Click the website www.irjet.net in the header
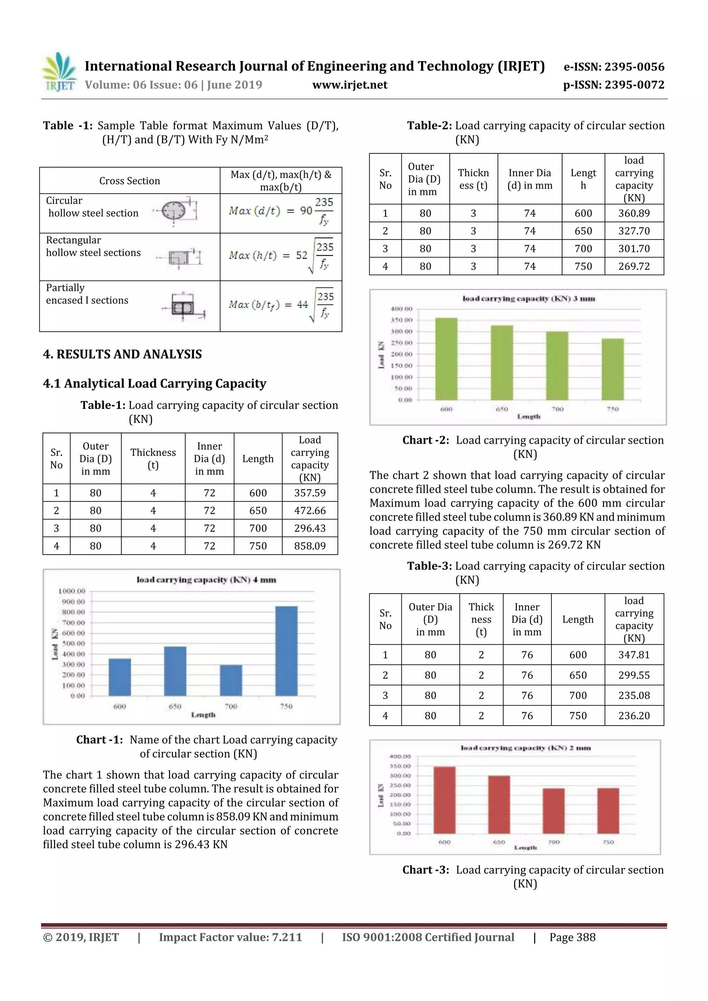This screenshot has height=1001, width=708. click(x=350, y=85)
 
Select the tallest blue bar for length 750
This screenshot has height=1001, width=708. click(x=286, y=651)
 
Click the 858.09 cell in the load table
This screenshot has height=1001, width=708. click(x=310, y=546)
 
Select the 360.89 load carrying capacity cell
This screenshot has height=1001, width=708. click(x=634, y=213)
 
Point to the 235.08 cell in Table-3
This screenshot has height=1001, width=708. click(x=634, y=696)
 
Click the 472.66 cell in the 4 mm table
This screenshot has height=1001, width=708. click(x=310, y=511)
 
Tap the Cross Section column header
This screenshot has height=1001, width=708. click(x=130, y=181)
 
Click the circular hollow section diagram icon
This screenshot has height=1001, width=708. click(x=175, y=211)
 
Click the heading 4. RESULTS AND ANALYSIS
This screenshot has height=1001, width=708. click(x=123, y=354)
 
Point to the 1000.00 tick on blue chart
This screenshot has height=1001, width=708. click(x=72, y=591)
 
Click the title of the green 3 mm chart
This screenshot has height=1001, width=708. click(x=529, y=299)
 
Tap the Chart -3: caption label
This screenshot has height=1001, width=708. click(x=425, y=870)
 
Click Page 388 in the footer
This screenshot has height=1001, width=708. click(x=572, y=937)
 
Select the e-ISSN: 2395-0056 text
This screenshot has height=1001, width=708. click(x=614, y=67)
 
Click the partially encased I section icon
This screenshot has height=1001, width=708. click(x=182, y=308)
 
